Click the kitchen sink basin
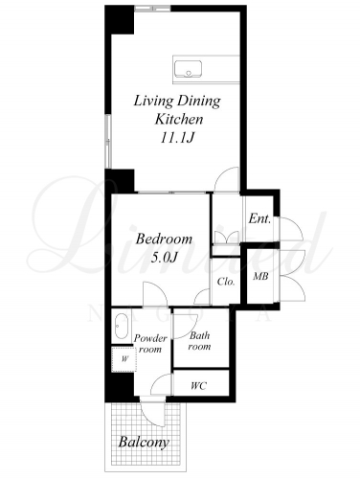pyautogui.click(x=189, y=69)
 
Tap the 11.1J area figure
pyautogui.click(x=177, y=138)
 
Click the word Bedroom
pyautogui.click(x=164, y=239)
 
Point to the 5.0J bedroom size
pyautogui.click(x=164, y=258)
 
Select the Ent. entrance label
pyautogui.click(x=259, y=218)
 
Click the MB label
pyautogui.click(x=260, y=276)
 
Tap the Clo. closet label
pyautogui.click(x=226, y=282)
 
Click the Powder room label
pyautogui.click(x=150, y=343)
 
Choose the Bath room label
pyautogui.click(x=199, y=341)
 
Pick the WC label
pyautogui.click(x=198, y=386)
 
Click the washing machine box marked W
pyautogui.click(x=124, y=359)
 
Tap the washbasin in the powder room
pyautogui.click(x=122, y=326)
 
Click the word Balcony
pyautogui.click(x=144, y=443)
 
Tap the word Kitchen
pyautogui.click(x=179, y=119)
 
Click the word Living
pyautogui.click(x=153, y=102)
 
